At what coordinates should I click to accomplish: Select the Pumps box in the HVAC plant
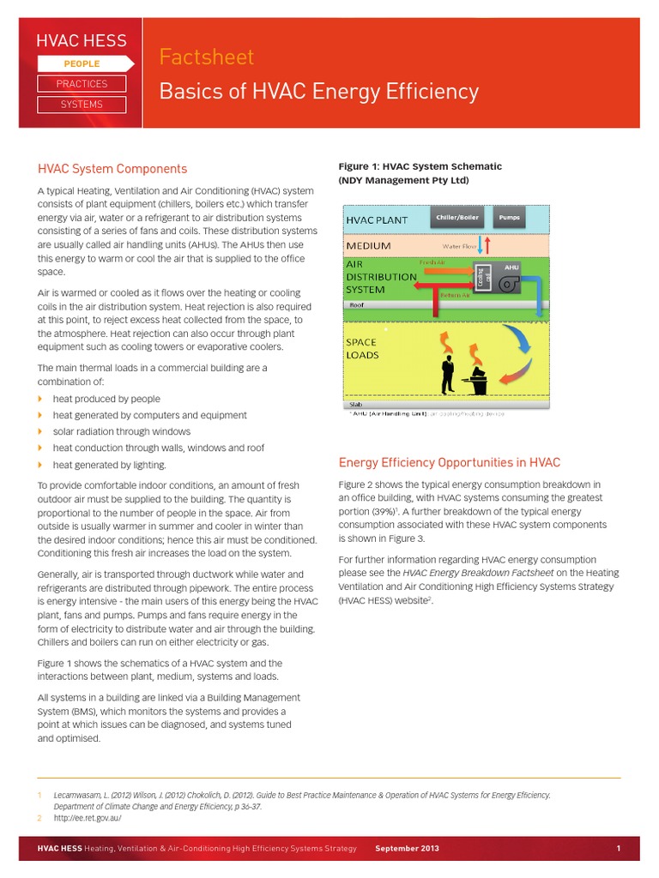509,218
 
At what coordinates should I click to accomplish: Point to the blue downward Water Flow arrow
480,245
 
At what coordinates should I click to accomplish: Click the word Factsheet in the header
207,57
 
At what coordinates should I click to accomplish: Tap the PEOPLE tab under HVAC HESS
82,63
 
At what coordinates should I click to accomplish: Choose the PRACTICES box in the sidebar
82,84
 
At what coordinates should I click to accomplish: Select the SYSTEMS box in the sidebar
82,105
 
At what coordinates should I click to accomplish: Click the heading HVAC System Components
112,169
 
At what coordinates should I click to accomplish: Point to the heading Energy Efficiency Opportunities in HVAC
450,463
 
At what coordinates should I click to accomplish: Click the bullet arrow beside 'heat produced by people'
40,400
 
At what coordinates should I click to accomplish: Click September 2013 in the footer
407,849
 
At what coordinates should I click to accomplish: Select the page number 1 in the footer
618,849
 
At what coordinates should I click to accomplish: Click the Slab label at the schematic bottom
354,405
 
